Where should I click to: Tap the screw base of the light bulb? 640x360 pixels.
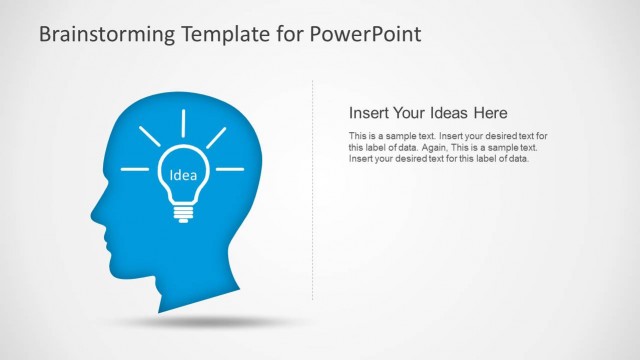pyautogui.click(x=183, y=212)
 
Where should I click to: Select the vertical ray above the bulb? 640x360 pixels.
pyautogui.click(x=183, y=123)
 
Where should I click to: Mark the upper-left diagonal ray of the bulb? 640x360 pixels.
pyautogui.click(x=148, y=136)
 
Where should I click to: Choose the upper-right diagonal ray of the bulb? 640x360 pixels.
pyautogui.click(x=217, y=136)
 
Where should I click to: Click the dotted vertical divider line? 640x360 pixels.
pyautogui.click(x=313, y=190)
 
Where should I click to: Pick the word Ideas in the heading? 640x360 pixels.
pyautogui.click(x=448, y=113)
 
